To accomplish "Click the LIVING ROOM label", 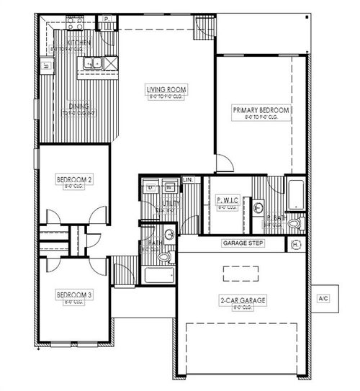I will click(x=167, y=89).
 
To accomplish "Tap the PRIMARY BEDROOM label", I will click(x=261, y=110).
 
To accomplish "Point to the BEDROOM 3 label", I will click(x=74, y=294).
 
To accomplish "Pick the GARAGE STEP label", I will click(x=243, y=244).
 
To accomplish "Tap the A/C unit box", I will click(x=324, y=297).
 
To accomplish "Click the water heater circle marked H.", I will click(x=296, y=245).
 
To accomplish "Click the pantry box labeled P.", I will click(x=106, y=18).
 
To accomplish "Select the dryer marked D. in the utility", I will click(x=151, y=188).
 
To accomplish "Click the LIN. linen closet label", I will click(x=189, y=179).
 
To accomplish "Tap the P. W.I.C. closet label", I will click(x=226, y=202).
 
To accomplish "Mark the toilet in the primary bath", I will click(x=294, y=225).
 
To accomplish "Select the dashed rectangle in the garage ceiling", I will click(x=240, y=274).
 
